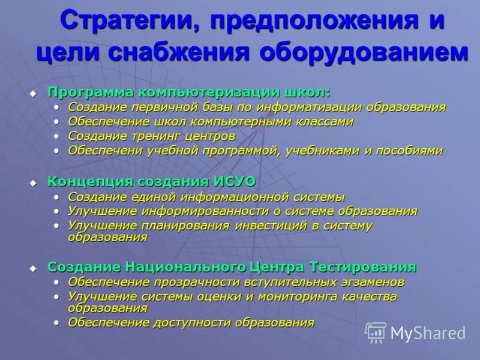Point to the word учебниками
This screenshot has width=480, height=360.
point(321,151)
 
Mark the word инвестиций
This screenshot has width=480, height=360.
point(268,226)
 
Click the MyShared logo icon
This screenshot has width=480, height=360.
point(376,332)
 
